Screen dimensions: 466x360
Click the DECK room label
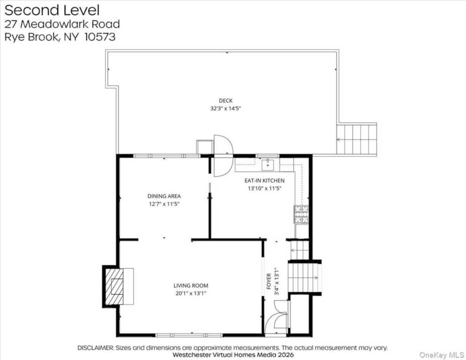click(x=225, y=101)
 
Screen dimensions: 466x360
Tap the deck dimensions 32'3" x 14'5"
click(x=225, y=108)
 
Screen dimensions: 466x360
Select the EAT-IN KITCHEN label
click(x=264, y=180)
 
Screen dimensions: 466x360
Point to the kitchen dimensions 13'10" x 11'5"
click(x=264, y=188)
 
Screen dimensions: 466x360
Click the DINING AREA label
click(x=164, y=196)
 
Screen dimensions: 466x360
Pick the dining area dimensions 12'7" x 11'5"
click(x=164, y=204)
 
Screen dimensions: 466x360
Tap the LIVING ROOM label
click(x=191, y=285)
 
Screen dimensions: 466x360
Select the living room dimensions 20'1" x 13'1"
click(x=191, y=293)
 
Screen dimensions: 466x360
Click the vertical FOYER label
click(x=269, y=281)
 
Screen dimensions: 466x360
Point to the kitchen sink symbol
click(x=268, y=165)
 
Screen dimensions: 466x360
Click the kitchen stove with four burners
click(x=301, y=214)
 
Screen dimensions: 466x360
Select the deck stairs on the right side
click(x=357, y=139)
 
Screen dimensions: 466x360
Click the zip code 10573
click(x=100, y=37)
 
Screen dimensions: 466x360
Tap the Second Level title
click(x=52, y=10)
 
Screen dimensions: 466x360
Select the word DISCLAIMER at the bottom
click(x=95, y=348)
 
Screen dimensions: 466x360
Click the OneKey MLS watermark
click(x=442, y=355)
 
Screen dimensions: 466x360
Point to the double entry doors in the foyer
click(x=277, y=317)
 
